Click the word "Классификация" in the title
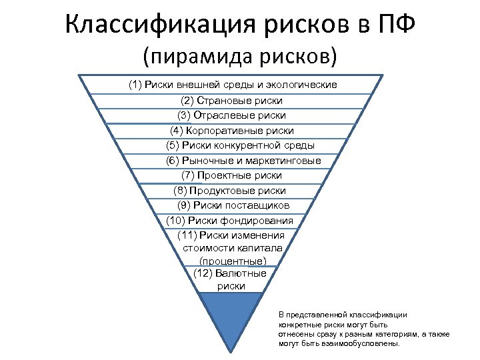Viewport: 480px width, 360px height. [x=155, y=26]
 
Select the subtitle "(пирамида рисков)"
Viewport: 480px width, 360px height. [x=240, y=55]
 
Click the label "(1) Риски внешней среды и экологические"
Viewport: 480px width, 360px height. [x=233, y=85]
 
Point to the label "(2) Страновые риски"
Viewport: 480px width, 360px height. [x=231, y=101]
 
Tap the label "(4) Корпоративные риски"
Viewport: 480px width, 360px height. [x=231, y=131]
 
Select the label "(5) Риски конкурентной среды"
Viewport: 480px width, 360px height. [x=240, y=145]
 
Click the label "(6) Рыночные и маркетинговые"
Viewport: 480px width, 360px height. [x=243, y=161]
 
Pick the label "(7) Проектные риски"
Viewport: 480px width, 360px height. [x=231, y=175]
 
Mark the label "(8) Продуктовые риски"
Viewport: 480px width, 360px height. [x=229, y=191]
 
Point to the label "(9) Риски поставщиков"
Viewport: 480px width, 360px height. [x=234, y=205]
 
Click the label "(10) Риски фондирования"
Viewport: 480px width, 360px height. [x=229, y=221]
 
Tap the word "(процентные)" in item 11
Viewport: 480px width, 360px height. [x=232, y=260]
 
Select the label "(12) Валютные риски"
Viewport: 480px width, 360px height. [x=231, y=280]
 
